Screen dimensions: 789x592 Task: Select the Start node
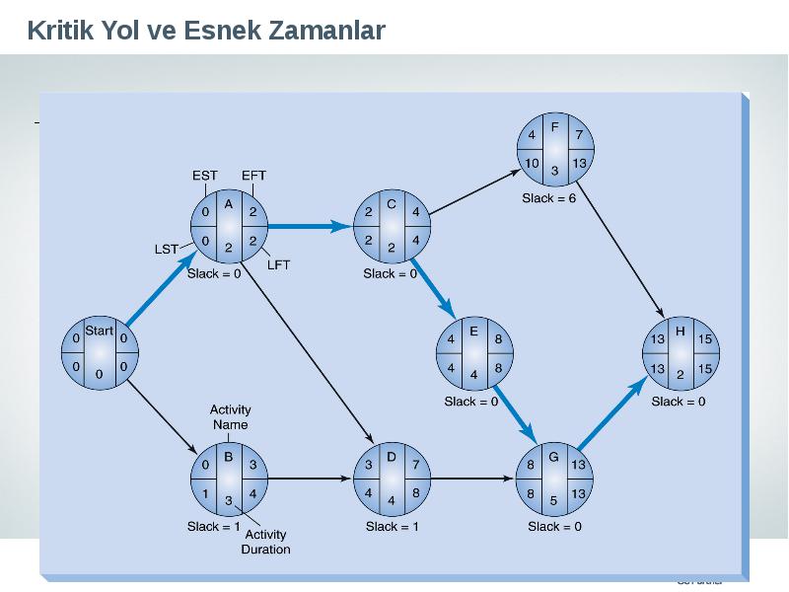point(100,353)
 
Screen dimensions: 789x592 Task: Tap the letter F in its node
point(555,127)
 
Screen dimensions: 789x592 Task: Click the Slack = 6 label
point(549,198)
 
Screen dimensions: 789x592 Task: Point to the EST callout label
point(205,176)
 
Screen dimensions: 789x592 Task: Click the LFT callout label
point(278,264)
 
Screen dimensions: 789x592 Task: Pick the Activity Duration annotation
point(265,542)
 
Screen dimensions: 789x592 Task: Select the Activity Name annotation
point(230,416)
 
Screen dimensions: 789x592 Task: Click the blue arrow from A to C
point(310,227)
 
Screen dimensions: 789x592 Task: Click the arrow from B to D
point(310,479)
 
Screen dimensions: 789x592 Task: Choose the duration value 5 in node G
point(553,500)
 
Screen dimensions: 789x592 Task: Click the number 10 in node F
point(532,163)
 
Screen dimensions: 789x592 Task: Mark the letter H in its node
point(681,332)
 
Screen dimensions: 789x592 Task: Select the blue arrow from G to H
point(612,412)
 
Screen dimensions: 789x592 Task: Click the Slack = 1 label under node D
point(392,527)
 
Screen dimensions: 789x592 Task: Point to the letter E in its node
point(473,332)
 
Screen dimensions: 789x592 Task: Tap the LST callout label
point(166,250)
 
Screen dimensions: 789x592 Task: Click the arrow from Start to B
point(162,417)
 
